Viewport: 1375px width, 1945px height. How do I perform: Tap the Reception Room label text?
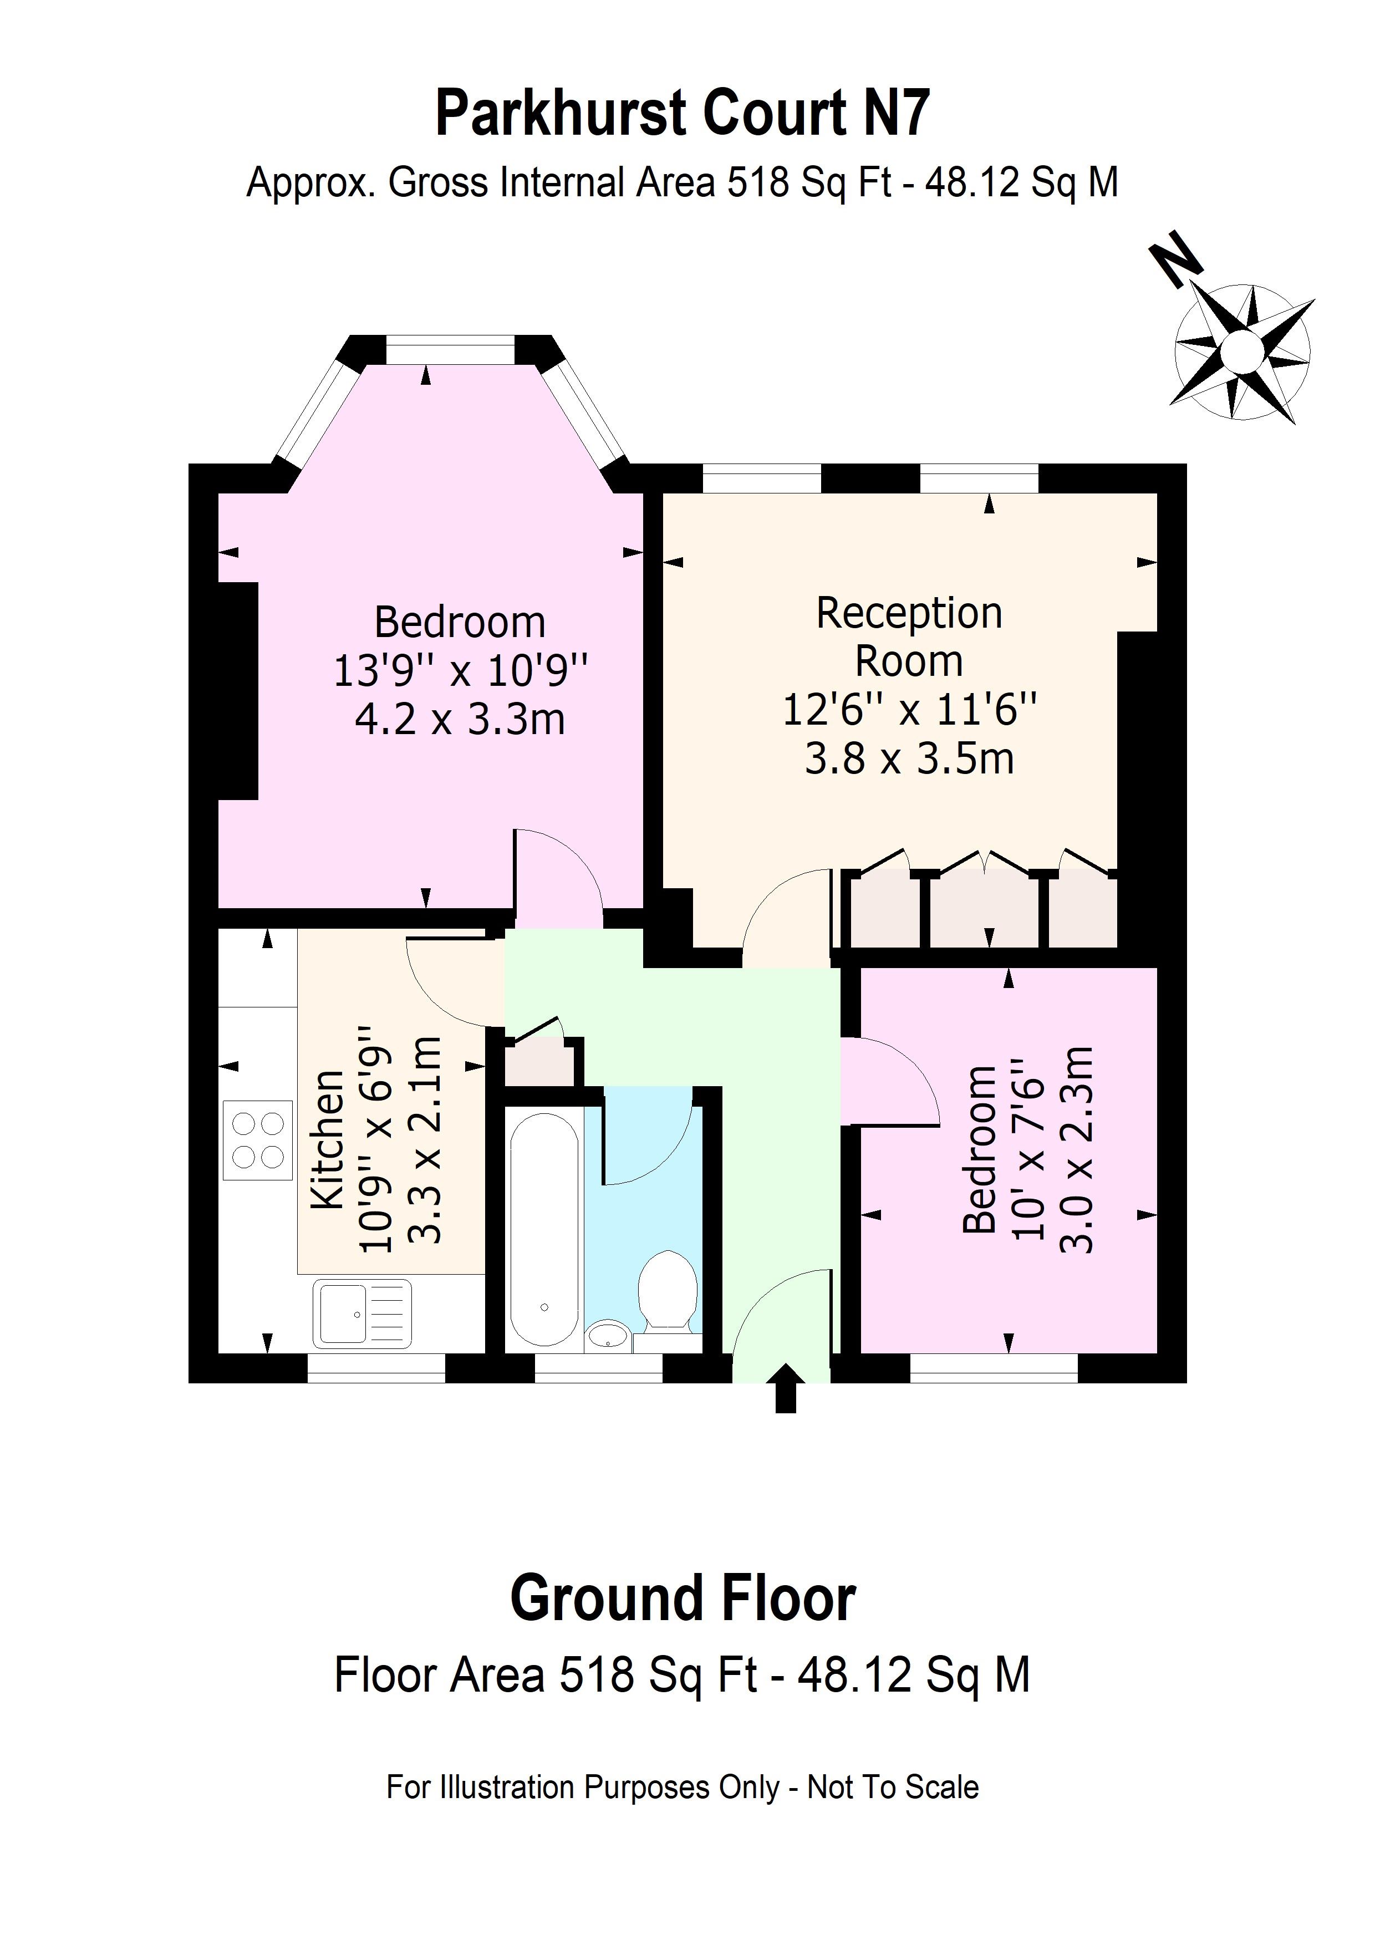click(909, 636)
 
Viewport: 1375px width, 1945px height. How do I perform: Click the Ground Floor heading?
click(683, 1598)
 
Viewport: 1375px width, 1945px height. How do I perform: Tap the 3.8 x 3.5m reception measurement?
click(909, 758)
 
